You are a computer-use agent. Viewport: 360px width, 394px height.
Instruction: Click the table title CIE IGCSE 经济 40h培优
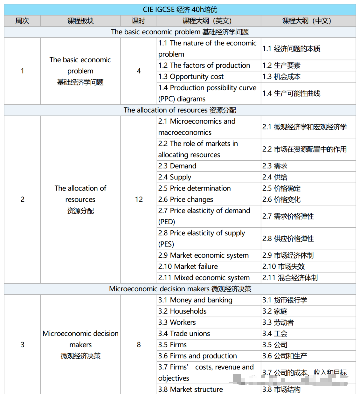(x=180, y=9)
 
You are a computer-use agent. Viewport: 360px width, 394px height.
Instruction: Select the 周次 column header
(x=22, y=21)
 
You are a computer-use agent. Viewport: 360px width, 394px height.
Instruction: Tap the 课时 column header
(x=138, y=21)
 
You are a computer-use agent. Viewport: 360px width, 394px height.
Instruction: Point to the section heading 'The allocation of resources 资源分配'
(x=180, y=110)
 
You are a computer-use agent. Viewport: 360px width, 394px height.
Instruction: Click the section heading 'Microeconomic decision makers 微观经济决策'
(x=180, y=289)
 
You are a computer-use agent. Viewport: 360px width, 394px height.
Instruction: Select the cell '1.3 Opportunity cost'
(x=191, y=77)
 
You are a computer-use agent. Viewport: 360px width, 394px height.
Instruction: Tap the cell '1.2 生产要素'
(x=281, y=65)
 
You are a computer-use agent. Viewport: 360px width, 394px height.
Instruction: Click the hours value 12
(x=139, y=199)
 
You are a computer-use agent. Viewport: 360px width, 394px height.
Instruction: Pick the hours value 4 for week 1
(x=139, y=71)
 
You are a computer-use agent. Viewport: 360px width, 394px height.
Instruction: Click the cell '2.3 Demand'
(x=177, y=166)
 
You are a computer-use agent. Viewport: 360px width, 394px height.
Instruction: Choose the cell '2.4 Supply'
(x=175, y=177)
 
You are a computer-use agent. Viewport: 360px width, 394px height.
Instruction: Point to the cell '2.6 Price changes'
(x=186, y=199)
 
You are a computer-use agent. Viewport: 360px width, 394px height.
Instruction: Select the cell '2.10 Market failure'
(x=188, y=266)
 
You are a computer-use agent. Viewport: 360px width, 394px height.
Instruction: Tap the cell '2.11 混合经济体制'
(x=290, y=278)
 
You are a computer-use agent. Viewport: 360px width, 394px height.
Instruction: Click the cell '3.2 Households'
(x=182, y=311)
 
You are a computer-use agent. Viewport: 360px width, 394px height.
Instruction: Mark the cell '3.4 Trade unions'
(x=184, y=333)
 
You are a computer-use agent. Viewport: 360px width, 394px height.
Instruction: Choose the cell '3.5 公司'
(x=275, y=345)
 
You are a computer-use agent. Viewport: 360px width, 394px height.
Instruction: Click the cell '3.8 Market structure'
(x=191, y=389)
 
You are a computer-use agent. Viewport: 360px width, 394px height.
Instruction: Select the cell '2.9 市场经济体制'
(x=288, y=255)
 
